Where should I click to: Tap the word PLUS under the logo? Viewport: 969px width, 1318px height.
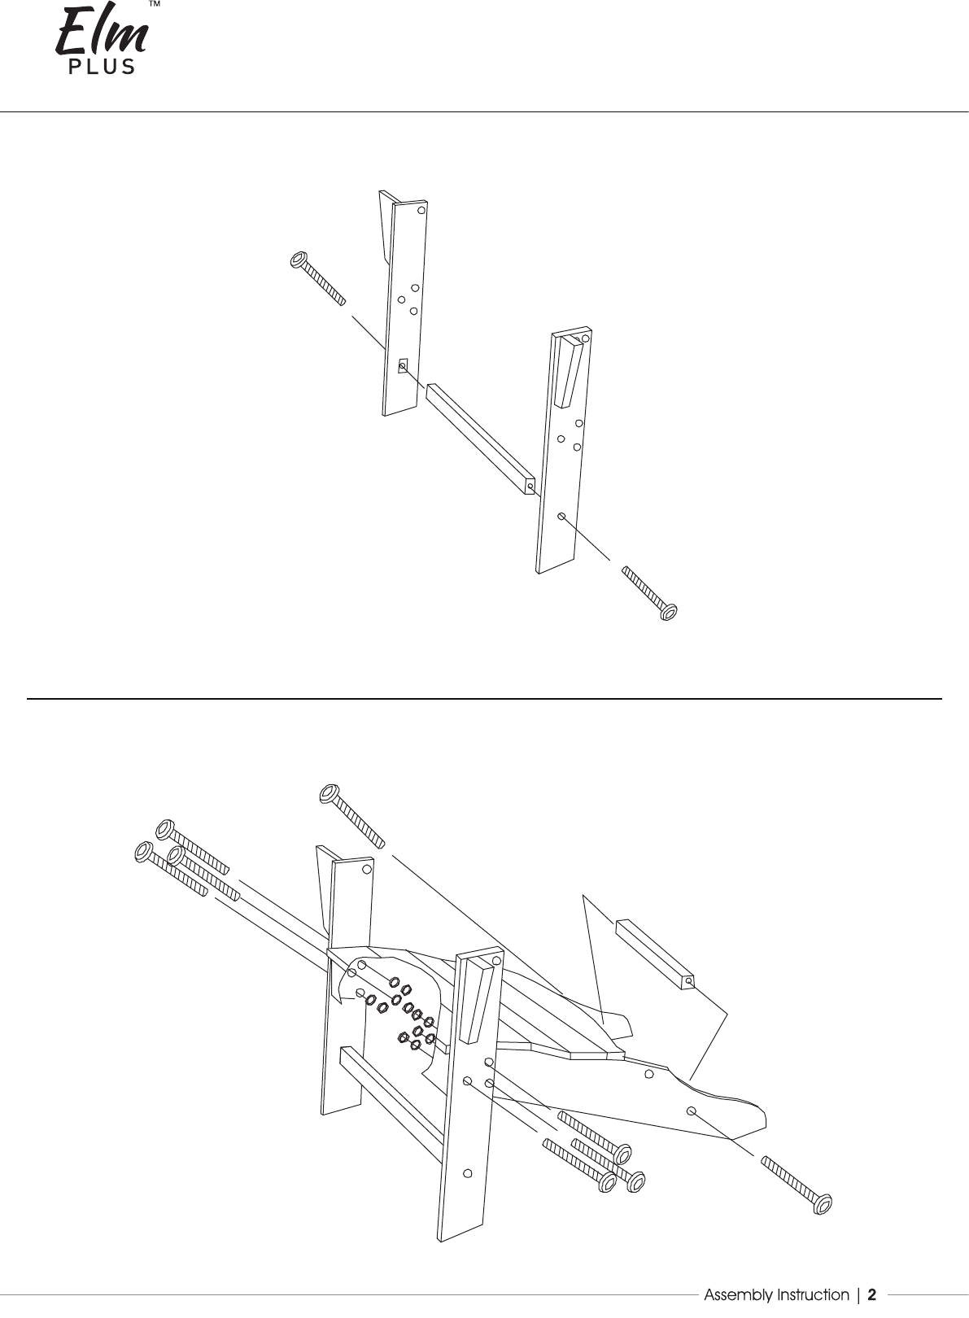click(102, 67)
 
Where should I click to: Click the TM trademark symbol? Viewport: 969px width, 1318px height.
click(155, 4)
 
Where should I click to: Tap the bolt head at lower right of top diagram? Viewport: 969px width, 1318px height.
click(669, 612)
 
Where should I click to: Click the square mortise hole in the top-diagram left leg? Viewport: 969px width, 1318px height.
click(403, 365)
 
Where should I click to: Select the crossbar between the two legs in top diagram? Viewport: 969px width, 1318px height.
click(481, 439)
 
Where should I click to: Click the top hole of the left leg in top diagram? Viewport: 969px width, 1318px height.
click(421, 210)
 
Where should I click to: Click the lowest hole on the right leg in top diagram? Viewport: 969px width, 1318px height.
click(561, 516)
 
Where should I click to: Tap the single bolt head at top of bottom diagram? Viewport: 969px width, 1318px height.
click(329, 794)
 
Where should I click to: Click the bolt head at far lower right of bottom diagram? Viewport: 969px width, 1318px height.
click(823, 1204)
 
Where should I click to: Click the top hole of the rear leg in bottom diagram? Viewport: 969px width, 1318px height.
click(367, 868)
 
